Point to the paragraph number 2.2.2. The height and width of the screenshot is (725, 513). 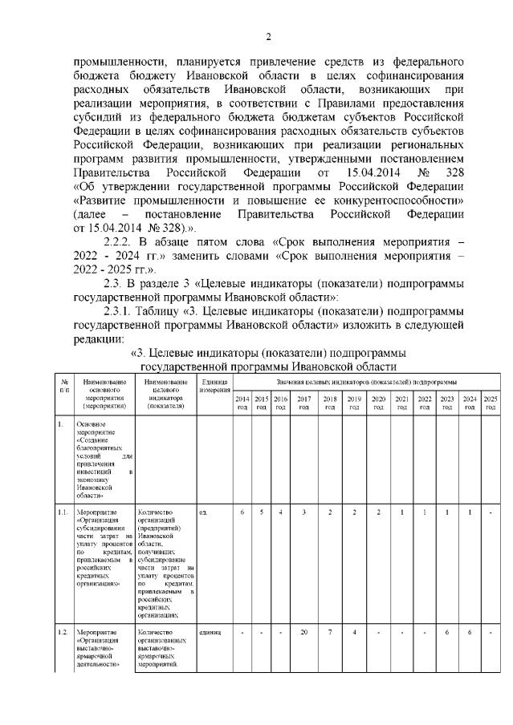click(x=123, y=241)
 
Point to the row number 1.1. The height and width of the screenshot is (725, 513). click(x=63, y=511)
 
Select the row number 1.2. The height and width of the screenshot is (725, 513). click(x=63, y=633)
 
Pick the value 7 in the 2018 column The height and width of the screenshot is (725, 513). click(x=330, y=633)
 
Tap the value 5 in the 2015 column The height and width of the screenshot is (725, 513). click(x=261, y=511)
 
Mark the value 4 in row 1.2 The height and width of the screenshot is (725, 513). click(x=354, y=633)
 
